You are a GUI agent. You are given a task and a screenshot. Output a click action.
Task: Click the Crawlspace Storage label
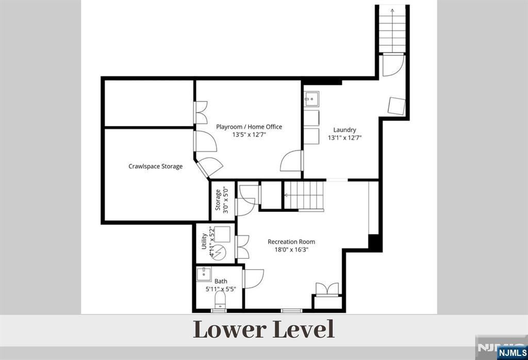point(156,167)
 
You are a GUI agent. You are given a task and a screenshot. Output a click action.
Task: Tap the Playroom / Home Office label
point(249,127)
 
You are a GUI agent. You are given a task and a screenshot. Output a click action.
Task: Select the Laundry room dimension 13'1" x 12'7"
point(345,138)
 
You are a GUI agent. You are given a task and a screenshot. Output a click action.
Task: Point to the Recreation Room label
point(291,242)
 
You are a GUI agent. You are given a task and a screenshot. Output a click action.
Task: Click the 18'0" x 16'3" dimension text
point(292,250)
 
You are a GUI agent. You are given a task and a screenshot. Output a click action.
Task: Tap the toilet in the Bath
point(220,299)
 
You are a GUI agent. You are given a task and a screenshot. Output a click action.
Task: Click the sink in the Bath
point(204,274)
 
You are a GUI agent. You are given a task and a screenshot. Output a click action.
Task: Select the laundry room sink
point(312,100)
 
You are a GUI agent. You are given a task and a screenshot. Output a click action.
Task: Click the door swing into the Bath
point(253,279)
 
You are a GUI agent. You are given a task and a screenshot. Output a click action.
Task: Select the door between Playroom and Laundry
point(291,161)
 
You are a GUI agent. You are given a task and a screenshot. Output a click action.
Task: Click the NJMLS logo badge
point(512,353)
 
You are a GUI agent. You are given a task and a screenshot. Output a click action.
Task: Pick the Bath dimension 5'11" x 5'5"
point(221,289)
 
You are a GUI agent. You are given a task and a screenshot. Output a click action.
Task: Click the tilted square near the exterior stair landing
point(397,106)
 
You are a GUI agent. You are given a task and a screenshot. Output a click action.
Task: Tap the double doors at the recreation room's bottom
point(327,289)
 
